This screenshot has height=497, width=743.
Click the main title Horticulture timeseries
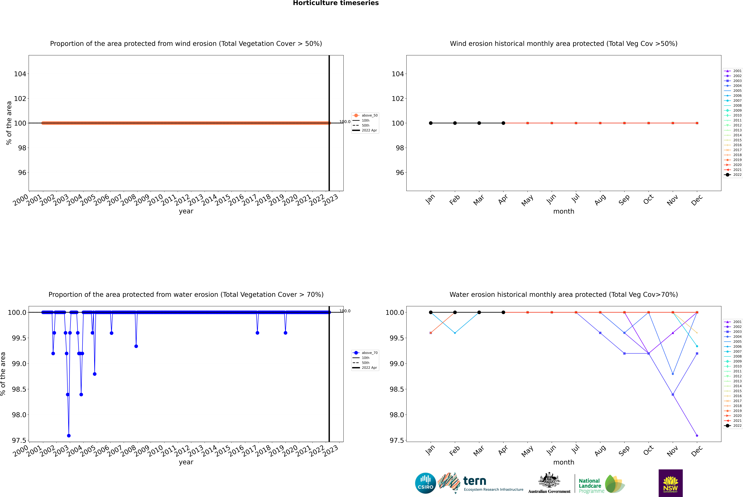(336, 3)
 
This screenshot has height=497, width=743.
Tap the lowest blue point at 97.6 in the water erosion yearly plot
(69, 435)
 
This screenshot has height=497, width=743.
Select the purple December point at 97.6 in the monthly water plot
(697, 435)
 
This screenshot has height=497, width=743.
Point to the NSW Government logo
(670, 483)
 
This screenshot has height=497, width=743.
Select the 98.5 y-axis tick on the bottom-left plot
(19, 389)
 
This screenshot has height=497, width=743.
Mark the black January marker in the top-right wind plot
(431, 123)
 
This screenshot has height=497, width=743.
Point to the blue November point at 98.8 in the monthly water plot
(673, 374)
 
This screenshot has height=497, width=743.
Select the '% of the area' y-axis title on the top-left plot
(9, 123)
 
